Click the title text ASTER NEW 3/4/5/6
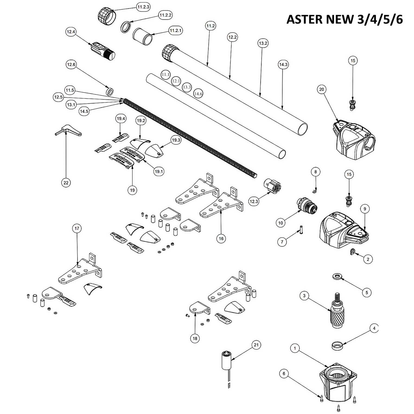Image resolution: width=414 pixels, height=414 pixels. (345, 20)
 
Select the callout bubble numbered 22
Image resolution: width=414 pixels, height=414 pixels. (66, 183)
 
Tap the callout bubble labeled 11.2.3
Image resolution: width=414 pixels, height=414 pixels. (143, 7)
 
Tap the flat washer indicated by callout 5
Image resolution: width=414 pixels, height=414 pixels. (337, 276)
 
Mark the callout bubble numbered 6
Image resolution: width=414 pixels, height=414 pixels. (284, 374)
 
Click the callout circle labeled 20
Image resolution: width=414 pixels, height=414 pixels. (322, 89)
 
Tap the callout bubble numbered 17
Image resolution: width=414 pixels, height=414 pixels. (77, 228)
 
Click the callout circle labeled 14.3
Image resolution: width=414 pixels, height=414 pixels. (283, 65)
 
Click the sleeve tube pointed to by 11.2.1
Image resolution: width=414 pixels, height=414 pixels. (143, 36)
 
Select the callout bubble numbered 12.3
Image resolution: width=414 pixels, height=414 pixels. (254, 201)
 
